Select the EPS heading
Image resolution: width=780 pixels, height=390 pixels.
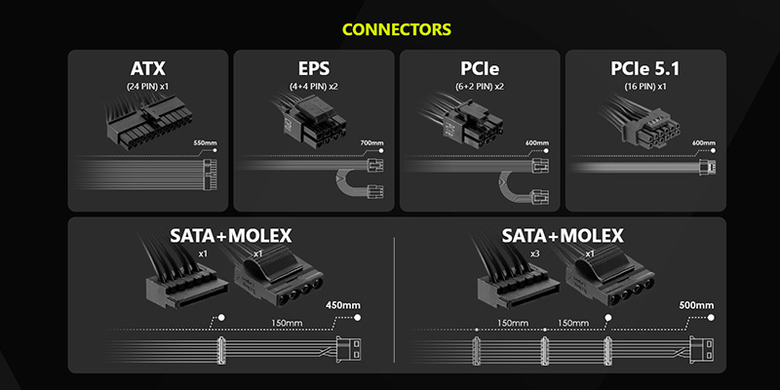click(313, 69)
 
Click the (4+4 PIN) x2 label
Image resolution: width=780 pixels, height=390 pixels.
click(313, 86)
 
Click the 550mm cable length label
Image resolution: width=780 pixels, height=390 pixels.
click(206, 143)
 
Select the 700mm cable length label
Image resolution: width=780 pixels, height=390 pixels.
click(371, 143)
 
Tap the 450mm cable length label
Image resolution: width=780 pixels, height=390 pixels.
click(345, 305)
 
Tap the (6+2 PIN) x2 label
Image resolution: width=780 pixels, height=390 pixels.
click(480, 86)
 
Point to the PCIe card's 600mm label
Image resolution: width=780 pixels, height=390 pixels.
click(537, 143)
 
